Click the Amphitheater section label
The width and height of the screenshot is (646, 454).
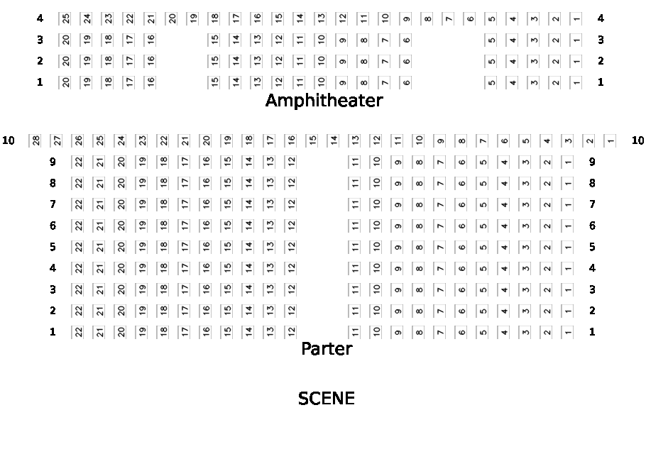[x=324, y=101]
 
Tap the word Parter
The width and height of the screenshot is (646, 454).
[x=327, y=349]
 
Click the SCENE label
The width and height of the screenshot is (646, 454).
[x=327, y=399]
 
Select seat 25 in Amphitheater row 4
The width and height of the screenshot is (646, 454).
[x=65, y=18]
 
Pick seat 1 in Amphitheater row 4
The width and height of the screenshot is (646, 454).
[x=576, y=18]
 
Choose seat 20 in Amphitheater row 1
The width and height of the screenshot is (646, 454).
[x=65, y=82]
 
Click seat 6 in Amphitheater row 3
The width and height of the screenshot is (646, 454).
[x=406, y=40]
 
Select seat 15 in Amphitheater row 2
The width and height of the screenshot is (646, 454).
[x=214, y=61]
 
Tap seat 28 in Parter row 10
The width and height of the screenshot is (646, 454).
[x=35, y=140]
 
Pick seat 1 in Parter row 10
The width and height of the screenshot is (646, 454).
[x=611, y=140]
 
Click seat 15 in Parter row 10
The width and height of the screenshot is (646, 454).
[x=312, y=140]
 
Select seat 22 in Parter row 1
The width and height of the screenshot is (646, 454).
[x=78, y=332]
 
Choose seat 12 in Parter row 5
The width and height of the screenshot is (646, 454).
[x=291, y=247]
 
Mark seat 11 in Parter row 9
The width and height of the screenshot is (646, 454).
[x=355, y=162]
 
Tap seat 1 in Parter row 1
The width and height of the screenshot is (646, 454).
[x=568, y=332]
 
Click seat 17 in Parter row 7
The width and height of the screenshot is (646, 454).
[x=185, y=204]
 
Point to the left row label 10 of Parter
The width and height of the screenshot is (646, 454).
[x=9, y=140]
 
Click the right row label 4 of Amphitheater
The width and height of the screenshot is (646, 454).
[x=601, y=18]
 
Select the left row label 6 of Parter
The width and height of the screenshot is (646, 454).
[x=53, y=226]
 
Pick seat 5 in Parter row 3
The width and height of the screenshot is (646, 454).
[x=483, y=289]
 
